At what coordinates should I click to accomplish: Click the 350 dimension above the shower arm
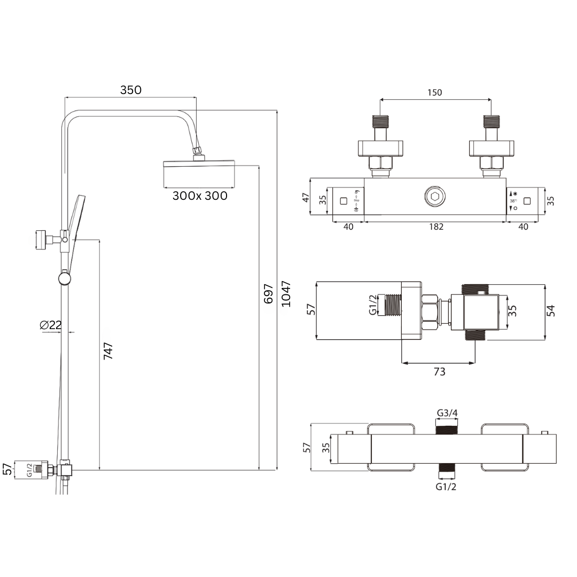point(131,90)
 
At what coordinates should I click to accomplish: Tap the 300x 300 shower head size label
point(200,196)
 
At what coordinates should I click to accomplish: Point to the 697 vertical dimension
point(269,294)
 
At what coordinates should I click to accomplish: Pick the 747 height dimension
point(108,350)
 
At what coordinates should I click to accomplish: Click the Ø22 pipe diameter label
point(51,325)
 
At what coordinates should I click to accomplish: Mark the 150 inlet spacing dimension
point(435,92)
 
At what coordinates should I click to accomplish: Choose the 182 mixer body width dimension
point(436,227)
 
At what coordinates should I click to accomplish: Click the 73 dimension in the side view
point(439,371)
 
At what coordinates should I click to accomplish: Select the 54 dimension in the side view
point(551,310)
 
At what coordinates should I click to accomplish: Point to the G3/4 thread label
point(447,413)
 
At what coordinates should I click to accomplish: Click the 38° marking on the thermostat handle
point(513,201)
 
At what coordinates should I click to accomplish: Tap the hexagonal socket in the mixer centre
point(434,197)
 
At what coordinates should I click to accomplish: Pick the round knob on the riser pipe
point(65,278)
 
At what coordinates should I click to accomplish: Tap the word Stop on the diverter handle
point(356,200)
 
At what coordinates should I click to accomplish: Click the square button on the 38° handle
point(528,201)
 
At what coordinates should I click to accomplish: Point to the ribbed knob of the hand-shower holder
point(41,239)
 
